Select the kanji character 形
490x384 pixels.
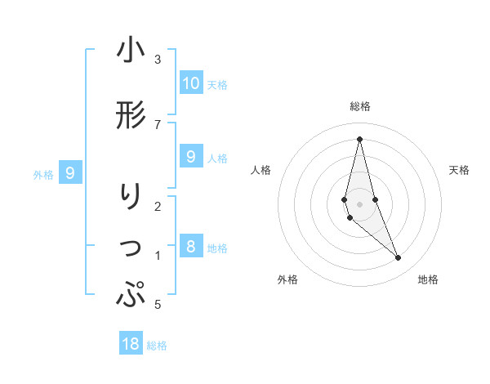coord(131,116)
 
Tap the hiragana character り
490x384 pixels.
coord(131,197)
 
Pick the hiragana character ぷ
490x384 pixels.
coord(131,294)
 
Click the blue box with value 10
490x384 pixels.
coord(191,83)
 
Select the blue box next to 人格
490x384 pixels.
coord(191,157)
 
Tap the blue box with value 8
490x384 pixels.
coord(191,247)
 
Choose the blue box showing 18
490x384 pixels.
coord(131,344)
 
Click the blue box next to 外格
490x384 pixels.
coord(70,173)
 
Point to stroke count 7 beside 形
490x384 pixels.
coord(158,124)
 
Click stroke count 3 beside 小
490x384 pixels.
coord(158,60)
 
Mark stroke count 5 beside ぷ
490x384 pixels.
coord(158,305)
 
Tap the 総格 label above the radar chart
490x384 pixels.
coord(360,106)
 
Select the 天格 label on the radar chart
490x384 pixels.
coord(460,170)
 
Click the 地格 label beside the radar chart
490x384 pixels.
coord(428,279)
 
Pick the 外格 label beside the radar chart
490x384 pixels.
coord(287,279)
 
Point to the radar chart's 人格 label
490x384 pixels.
coord(261,170)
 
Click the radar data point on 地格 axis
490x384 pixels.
coord(399,258)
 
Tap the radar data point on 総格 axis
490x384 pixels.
coord(359,139)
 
